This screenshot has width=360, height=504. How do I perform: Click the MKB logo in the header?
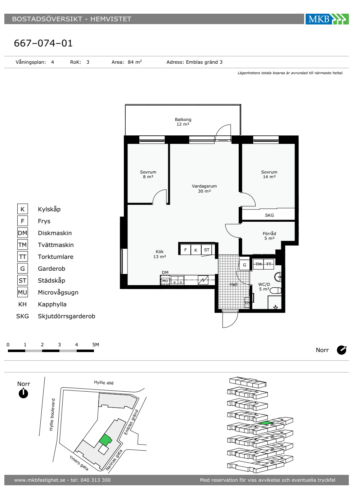click(327, 19)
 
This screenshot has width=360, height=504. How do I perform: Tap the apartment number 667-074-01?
click(43, 43)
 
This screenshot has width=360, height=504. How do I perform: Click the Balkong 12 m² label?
click(183, 122)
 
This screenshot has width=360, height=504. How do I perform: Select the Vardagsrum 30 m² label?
click(204, 189)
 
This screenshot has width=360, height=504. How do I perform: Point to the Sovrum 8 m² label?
click(148, 174)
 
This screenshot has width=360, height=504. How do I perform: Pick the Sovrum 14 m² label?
click(269, 174)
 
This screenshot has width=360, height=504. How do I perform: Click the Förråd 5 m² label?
click(269, 236)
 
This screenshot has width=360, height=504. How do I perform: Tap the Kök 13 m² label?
click(159, 254)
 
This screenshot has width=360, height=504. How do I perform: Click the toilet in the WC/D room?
click(276, 291)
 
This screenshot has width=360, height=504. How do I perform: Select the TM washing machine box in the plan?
click(258, 264)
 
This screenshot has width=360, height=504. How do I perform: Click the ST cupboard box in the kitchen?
click(207, 250)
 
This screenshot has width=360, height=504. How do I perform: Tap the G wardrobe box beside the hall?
click(244, 265)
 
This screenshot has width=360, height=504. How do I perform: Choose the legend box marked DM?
click(22, 233)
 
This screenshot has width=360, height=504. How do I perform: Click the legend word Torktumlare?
click(55, 257)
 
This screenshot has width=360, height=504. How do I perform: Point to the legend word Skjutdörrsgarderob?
click(66, 316)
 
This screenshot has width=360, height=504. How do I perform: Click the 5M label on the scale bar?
click(96, 345)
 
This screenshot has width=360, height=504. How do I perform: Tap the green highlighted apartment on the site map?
click(105, 440)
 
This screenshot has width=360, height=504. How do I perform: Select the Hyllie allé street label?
click(104, 382)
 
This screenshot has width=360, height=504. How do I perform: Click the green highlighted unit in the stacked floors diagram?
click(266, 423)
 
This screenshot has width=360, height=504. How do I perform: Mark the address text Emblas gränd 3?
click(204, 62)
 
